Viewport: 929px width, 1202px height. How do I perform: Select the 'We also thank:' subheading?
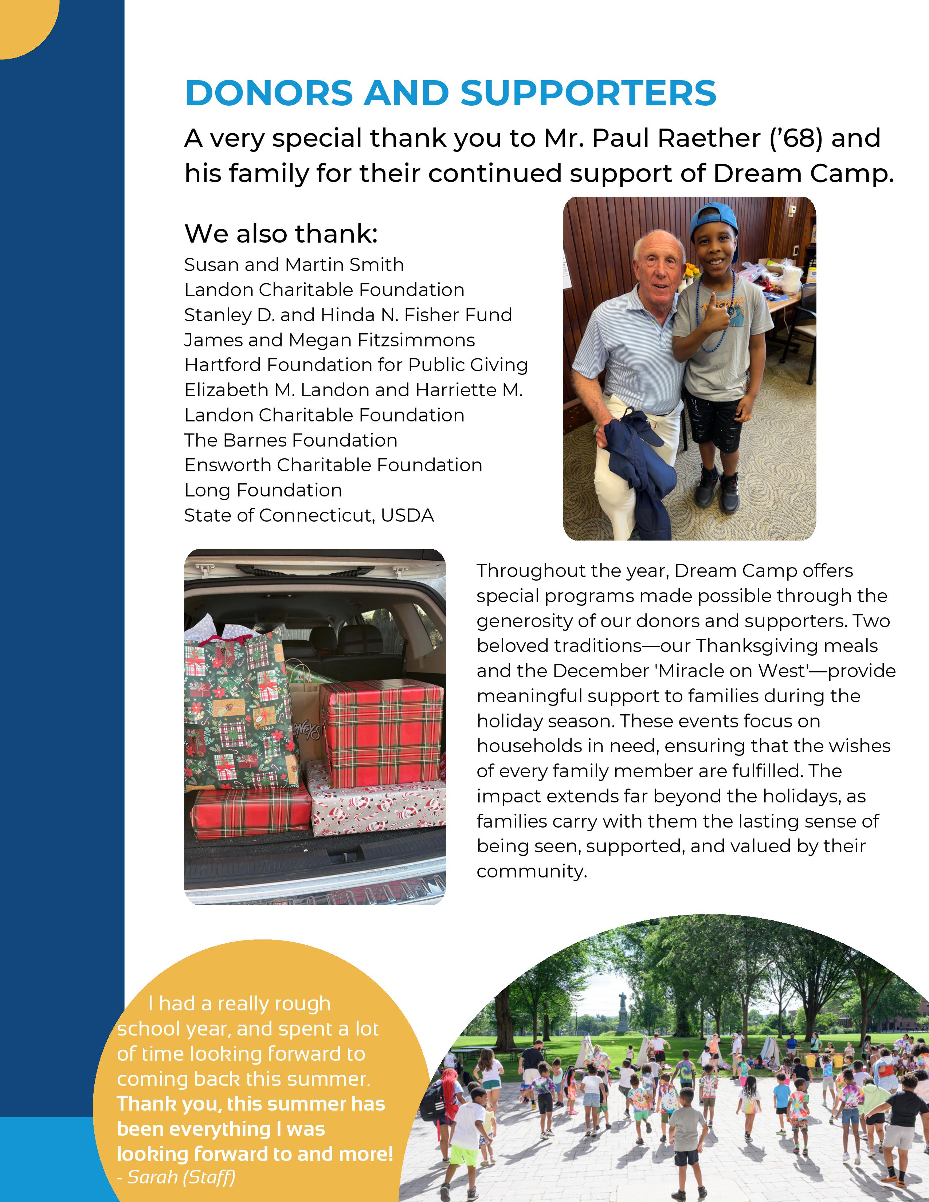281,234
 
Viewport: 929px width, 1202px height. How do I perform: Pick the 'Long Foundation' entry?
263,490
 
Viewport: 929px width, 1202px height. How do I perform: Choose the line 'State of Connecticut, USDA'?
309,516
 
